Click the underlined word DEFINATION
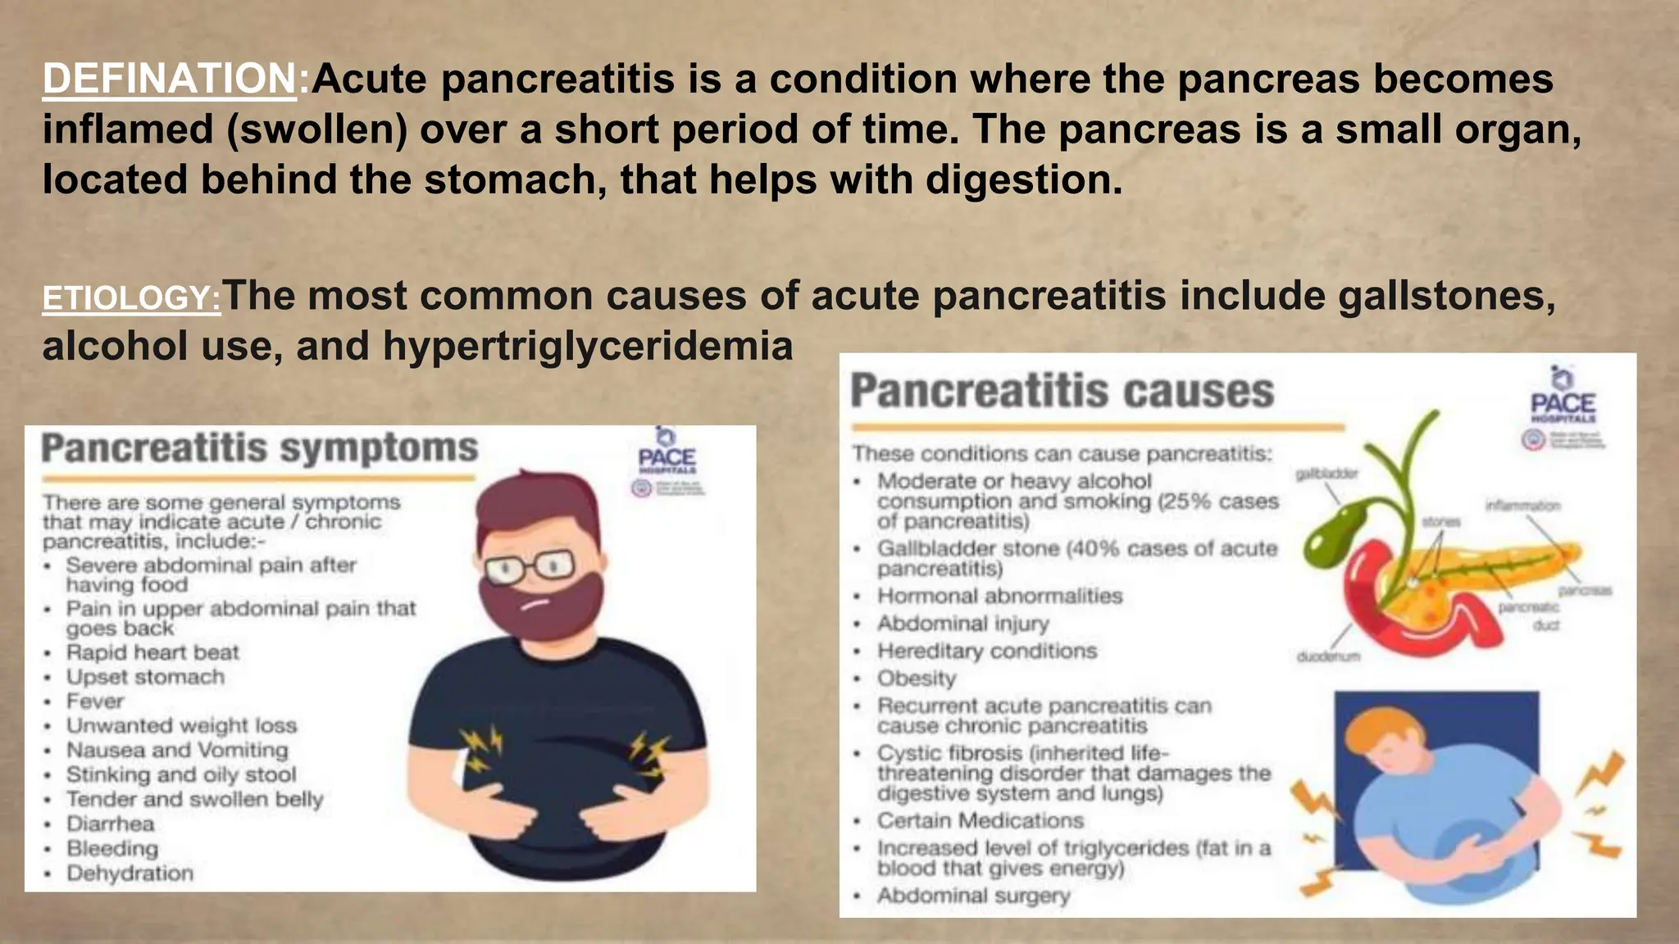169,79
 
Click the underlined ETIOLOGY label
131,298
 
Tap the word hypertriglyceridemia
587,346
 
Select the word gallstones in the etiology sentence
1446,296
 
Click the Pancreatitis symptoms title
259,449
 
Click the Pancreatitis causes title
1062,391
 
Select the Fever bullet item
95,701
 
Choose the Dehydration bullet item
130,874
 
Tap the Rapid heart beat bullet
152,653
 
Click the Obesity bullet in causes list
917,678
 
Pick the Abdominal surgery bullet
973,896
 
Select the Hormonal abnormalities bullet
999,596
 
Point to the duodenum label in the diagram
1328,656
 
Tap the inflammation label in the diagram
1522,506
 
